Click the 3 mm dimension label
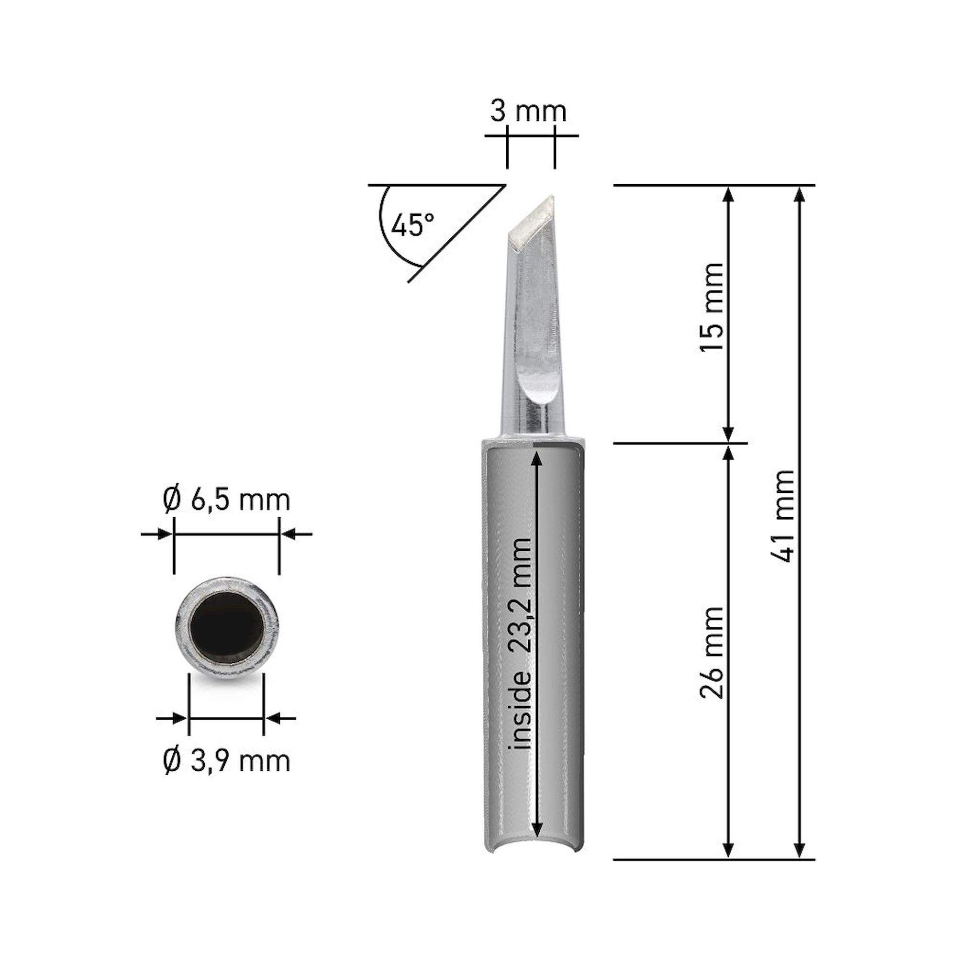click(x=528, y=112)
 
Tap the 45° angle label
click(x=412, y=225)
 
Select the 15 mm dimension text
click(x=712, y=308)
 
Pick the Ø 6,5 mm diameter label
click(x=226, y=501)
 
